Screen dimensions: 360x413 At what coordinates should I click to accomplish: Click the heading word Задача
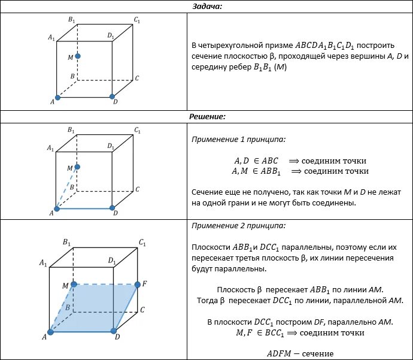[x=206, y=6]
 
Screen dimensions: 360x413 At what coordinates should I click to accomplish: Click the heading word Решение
[x=206, y=116]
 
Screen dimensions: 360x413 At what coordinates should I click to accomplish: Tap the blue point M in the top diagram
[x=78, y=56]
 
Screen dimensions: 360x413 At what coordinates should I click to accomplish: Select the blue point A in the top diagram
[x=57, y=97]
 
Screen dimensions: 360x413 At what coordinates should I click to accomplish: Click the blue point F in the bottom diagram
[x=137, y=284]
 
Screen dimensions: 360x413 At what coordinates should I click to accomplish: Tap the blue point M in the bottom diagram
[x=74, y=284]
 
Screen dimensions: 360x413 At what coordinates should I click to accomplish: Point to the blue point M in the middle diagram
[x=77, y=168]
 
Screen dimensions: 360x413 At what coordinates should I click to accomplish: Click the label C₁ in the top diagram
[x=138, y=20]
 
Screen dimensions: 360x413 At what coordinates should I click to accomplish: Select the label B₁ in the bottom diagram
[x=67, y=242]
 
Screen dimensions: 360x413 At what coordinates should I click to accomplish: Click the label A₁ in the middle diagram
[x=51, y=147]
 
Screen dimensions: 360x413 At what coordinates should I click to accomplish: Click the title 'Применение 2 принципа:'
[x=238, y=226]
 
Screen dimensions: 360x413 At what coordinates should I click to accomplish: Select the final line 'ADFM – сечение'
[x=300, y=353]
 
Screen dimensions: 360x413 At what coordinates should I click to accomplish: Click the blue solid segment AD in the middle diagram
[x=84, y=208]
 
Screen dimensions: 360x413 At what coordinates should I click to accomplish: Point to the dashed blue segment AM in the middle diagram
[x=66, y=189]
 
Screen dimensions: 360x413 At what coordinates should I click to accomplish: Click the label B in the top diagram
[x=72, y=77]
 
